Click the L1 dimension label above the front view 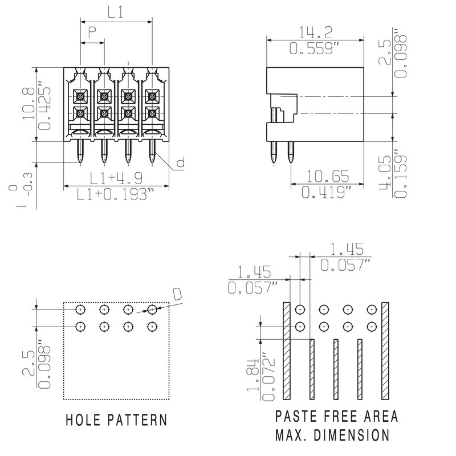[x=116, y=13]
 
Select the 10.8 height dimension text [x=27, y=104]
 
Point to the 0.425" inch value [x=44, y=108]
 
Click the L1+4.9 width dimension [x=116, y=177]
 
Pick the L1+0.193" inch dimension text [x=116, y=195]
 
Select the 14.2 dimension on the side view [x=315, y=32]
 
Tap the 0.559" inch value [x=315, y=49]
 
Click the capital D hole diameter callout [x=177, y=294]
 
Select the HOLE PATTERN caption [x=116, y=421]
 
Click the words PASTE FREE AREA [x=337, y=416]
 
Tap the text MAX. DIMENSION [x=332, y=436]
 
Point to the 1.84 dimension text [x=253, y=381]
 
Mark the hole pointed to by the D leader [x=152, y=310]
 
